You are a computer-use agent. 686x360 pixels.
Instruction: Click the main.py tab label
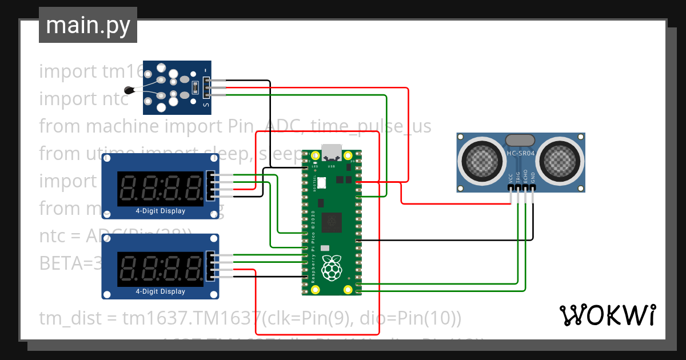[x=88, y=26]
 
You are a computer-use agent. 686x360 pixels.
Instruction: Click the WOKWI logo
[x=607, y=315]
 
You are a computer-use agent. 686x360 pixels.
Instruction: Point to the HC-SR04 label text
[x=521, y=154]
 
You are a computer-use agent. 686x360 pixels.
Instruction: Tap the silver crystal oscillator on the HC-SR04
[x=520, y=139]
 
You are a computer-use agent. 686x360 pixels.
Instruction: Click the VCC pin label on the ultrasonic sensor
[x=510, y=178]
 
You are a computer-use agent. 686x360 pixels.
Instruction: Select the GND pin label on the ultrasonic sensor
[x=533, y=178]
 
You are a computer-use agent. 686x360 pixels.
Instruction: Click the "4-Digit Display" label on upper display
[x=160, y=211]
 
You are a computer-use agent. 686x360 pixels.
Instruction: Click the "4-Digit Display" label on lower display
[x=160, y=291]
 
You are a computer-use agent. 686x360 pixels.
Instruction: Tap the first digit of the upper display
[x=128, y=188]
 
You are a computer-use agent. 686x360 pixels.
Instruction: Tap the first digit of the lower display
[x=128, y=269]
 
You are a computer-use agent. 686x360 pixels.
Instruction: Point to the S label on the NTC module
[x=206, y=105]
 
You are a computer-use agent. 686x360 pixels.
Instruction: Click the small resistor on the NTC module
[x=196, y=87]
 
